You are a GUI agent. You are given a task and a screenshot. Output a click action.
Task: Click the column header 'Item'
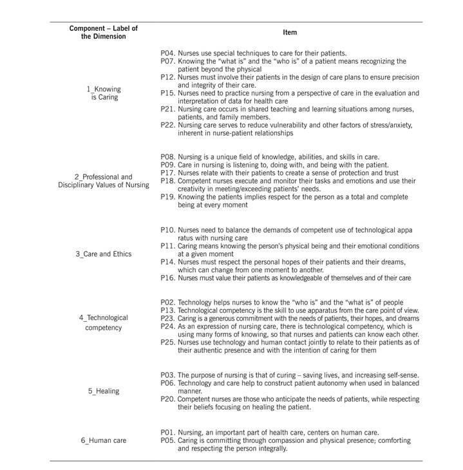[x=289, y=32]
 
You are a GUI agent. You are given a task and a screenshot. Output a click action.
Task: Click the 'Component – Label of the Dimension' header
[x=103, y=32]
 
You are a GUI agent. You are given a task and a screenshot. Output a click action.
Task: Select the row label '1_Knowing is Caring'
[x=103, y=93]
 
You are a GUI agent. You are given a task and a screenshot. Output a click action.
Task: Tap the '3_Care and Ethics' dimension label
[x=103, y=254]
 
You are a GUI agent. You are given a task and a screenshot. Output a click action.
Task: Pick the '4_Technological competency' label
[x=103, y=323]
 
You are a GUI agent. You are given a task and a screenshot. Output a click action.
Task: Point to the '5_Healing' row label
[x=103, y=391]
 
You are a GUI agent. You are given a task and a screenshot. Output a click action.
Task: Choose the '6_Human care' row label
[x=103, y=440]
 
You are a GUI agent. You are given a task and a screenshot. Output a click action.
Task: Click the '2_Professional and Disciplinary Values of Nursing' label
[x=103, y=181]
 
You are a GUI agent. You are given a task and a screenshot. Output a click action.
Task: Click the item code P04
[x=167, y=53]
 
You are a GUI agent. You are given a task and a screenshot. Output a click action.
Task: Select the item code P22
[x=167, y=126]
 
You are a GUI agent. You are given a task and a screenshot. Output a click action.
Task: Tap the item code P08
[x=167, y=157]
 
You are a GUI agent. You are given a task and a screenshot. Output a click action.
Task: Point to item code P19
[x=167, y=197]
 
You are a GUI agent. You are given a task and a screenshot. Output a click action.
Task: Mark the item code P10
[x=167, y=230]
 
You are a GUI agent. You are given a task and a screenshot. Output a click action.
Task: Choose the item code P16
[x=167, y=278]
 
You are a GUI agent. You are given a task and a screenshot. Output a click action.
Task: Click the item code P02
[x=167, y=302]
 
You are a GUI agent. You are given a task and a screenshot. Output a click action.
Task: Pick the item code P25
[x=167, y=343]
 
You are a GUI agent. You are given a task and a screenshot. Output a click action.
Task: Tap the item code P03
[x=167, y=375]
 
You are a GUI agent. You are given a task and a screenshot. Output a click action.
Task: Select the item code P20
[x=167, y=399]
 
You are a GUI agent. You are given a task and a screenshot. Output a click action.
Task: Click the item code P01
[x=167, y=432]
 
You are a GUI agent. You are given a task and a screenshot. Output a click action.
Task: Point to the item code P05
[x=167, y=440]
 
